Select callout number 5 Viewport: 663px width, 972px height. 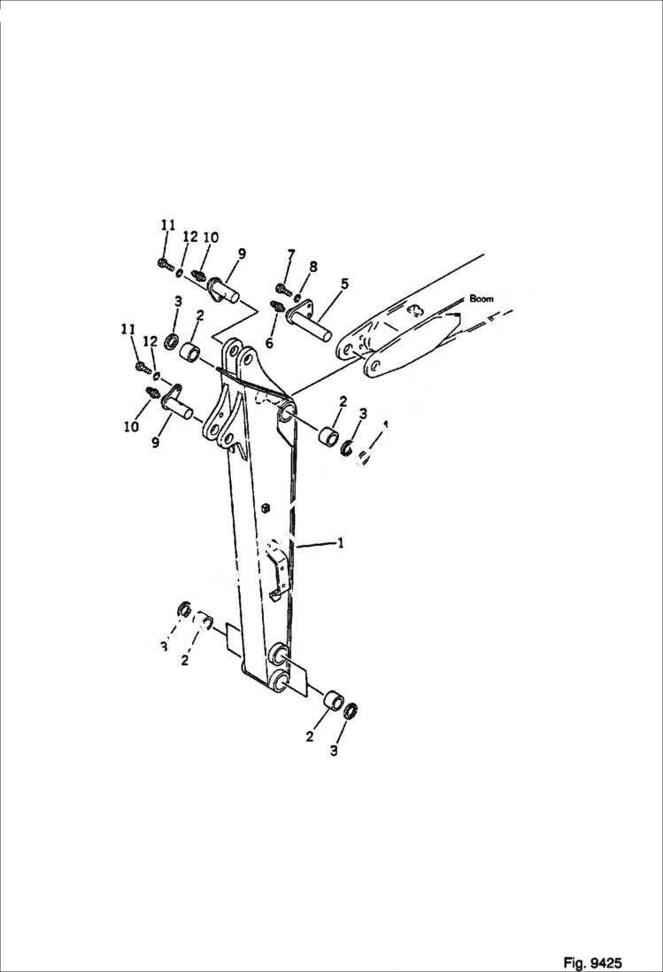point(344,284)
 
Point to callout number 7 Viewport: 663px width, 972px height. point(290,257)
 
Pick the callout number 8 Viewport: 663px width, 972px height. point(312,266)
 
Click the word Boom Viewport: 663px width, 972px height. point(482,299)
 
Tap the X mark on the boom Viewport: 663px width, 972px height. point(413,309)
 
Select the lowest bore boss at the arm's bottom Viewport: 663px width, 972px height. point(278,681)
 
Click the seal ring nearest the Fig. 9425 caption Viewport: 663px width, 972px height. point(351,710)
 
